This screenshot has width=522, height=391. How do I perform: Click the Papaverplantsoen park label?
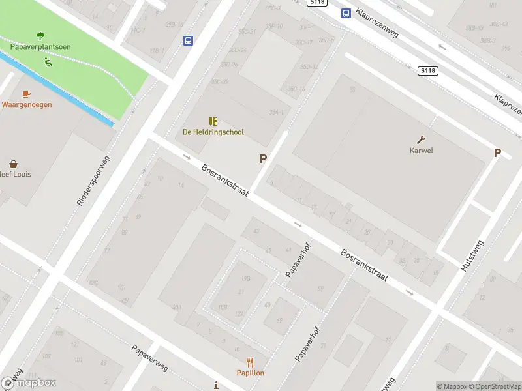click(40, 47)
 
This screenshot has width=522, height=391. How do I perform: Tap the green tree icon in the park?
click(40, 36)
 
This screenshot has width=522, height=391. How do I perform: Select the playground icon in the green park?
click(48, 63)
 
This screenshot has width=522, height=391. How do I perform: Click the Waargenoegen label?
click(27, 104)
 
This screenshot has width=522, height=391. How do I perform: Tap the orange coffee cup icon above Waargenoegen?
click(26, 94)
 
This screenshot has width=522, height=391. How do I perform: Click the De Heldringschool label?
click(213, 132)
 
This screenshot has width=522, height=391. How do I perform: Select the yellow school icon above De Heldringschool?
click(213, 121)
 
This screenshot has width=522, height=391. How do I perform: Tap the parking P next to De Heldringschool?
click(264, 158)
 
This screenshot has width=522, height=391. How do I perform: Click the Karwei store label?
click(422, 151)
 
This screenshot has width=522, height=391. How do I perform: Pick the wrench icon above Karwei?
click(422, 139)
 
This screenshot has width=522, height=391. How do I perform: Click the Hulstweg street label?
click(472, 256)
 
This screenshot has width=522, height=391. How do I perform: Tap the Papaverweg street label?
click(150, 358)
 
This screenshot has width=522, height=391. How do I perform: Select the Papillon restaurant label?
click(251, 373)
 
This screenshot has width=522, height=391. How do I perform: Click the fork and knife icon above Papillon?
click(251, 362)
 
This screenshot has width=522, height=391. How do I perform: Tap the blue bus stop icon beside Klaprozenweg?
click(345, 13)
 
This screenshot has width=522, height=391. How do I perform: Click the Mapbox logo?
click(29, 383)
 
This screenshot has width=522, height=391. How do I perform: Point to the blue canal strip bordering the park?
click(59, 91)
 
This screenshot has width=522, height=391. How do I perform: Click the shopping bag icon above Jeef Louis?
click(13, 164)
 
